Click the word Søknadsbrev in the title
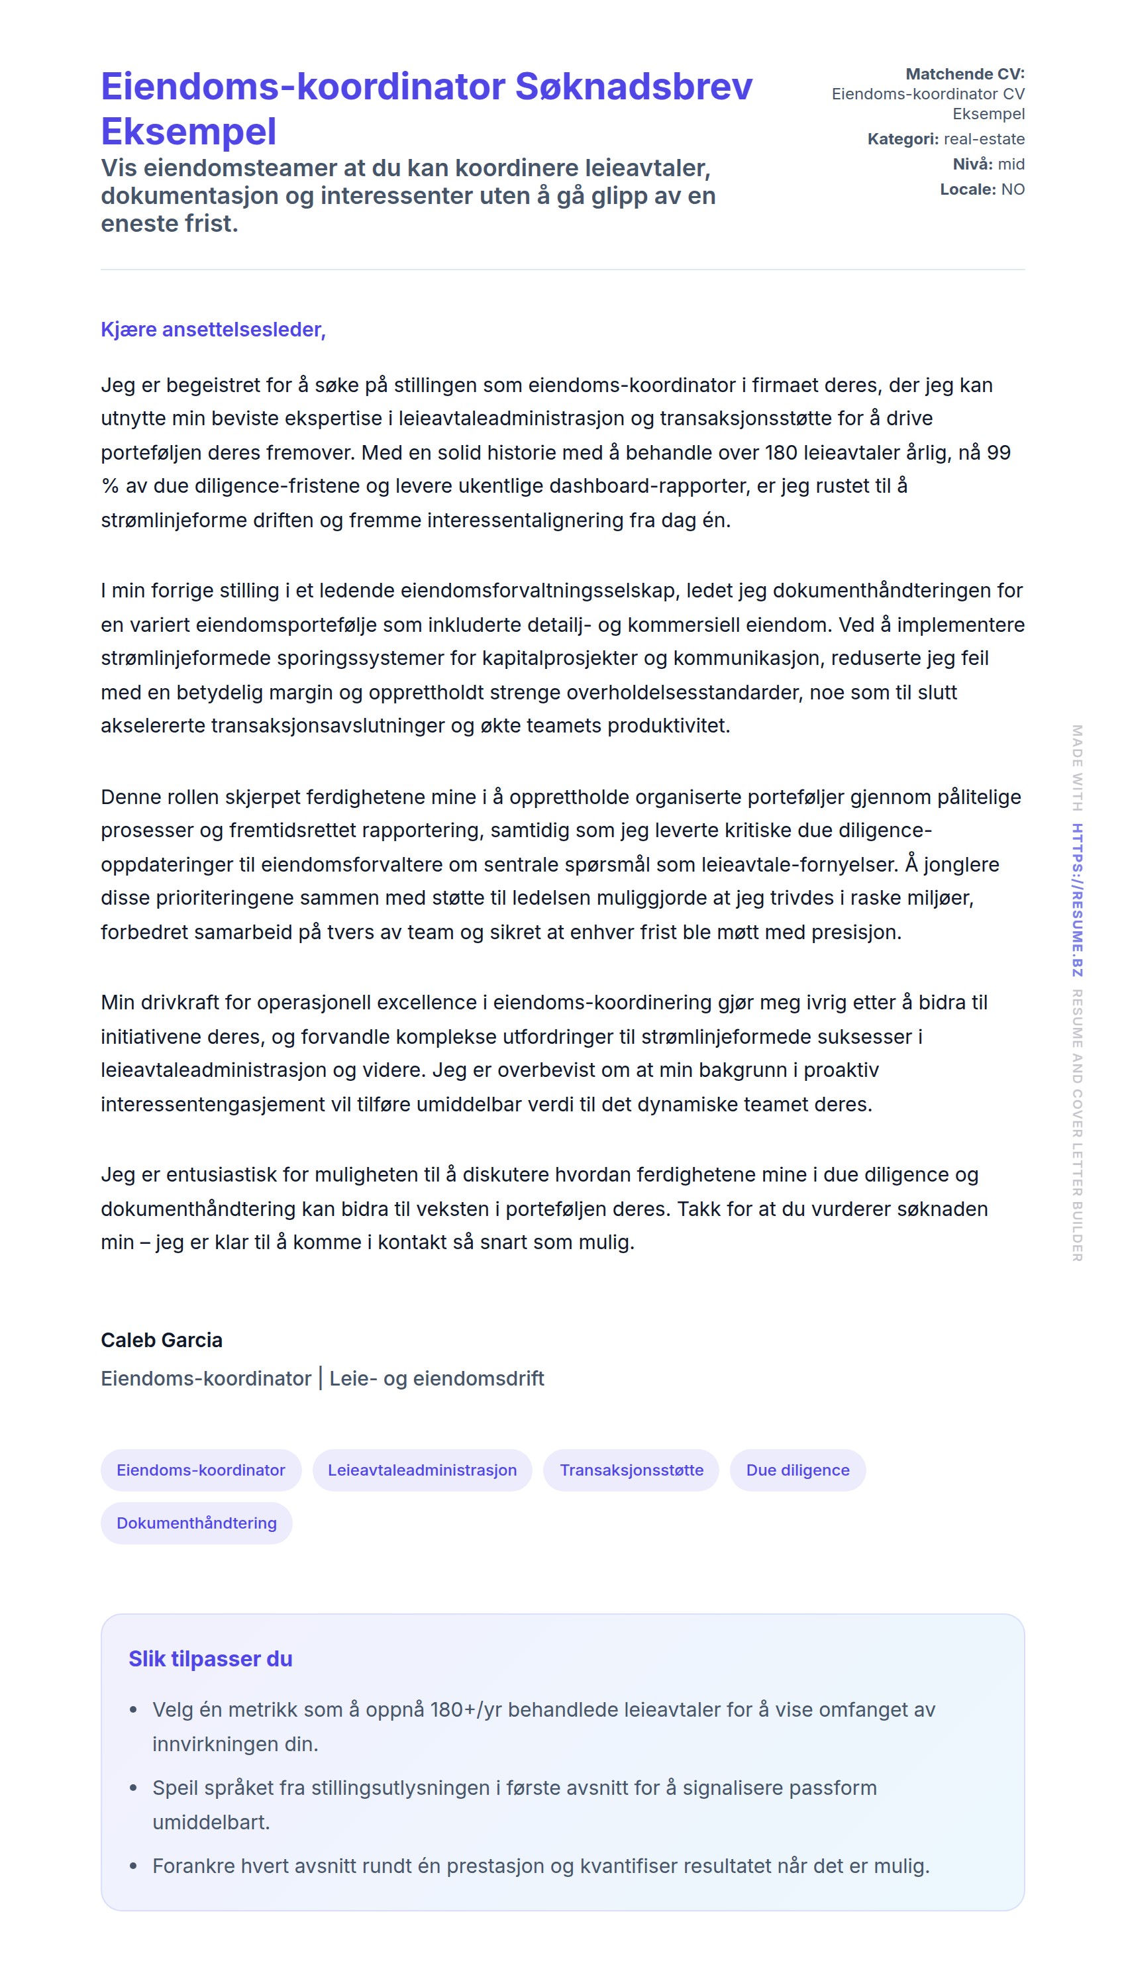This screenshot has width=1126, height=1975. tap(633, 87)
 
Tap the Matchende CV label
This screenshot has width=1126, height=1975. tap(964, 74)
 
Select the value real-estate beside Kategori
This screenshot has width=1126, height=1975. tap(984, 139)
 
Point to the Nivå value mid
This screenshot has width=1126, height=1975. tap(1011, 164)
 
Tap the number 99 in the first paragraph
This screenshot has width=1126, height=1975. tap(998, 452)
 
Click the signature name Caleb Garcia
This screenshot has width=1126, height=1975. tap(162, 1340)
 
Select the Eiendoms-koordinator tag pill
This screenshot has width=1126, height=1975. tap(201, 1470)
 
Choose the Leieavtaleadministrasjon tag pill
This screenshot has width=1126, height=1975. tap(423, 1470)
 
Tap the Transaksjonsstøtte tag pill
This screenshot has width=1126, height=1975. tap(631, 1470)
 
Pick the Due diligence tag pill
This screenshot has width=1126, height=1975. tap(797, 1470)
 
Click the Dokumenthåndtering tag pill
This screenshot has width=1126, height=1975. tap(197, 1523)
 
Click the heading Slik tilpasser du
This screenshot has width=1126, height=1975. tap(211, 1658)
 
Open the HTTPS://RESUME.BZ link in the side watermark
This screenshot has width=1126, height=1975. tap(1077, 899)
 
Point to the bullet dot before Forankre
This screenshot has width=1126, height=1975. tap(134, 1866)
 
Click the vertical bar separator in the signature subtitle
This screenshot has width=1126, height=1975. tap(320, 1378)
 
